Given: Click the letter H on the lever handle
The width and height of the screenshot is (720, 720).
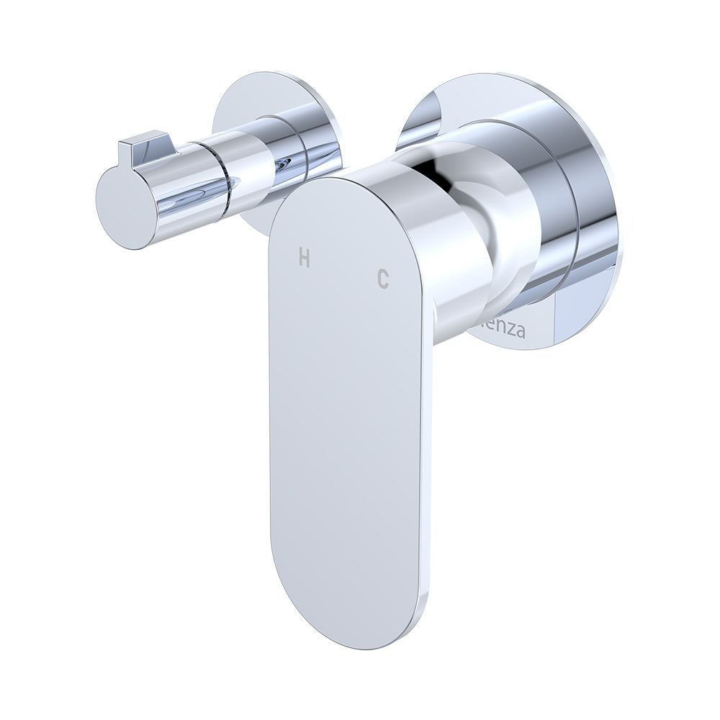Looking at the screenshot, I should tap(305, 258).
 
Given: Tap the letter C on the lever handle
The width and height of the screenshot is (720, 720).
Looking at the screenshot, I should tap(383, 279).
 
